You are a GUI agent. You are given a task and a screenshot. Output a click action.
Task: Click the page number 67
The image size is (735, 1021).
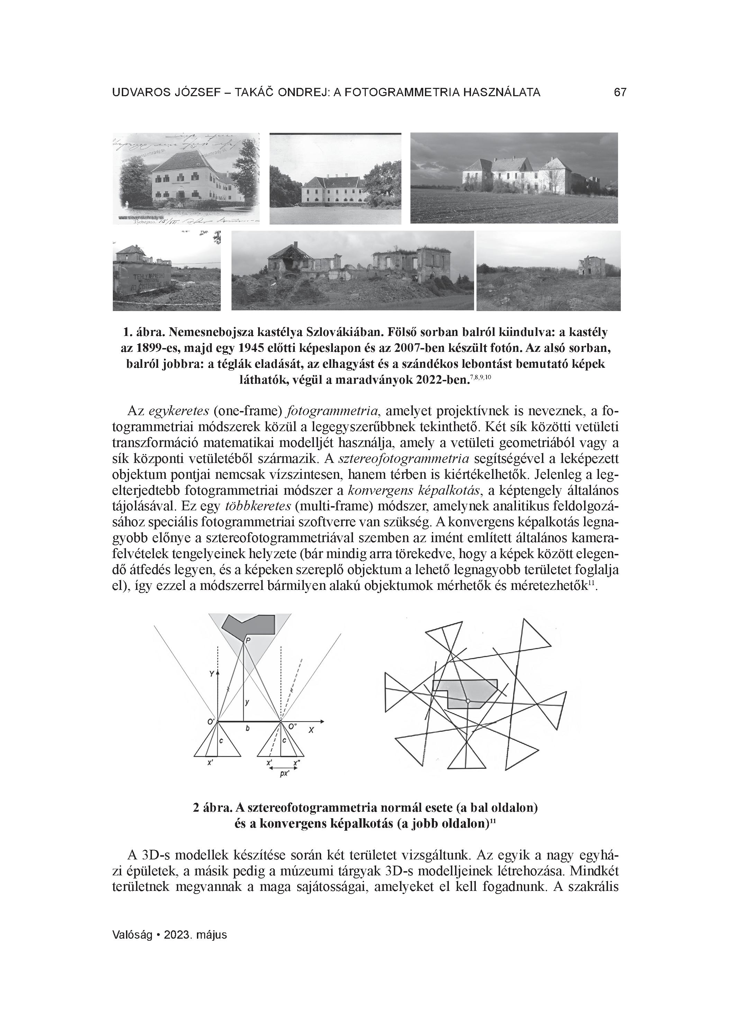[x=620, y=93]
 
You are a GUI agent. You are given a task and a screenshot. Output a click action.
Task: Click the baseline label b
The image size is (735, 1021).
[x=248, y=728]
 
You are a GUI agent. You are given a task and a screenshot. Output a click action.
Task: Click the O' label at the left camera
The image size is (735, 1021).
[x=210, y=722]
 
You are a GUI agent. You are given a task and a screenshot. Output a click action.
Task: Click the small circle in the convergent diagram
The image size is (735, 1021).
[x=468, y=701]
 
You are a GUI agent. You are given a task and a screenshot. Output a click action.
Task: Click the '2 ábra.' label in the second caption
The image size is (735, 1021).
[x=212, y=808]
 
